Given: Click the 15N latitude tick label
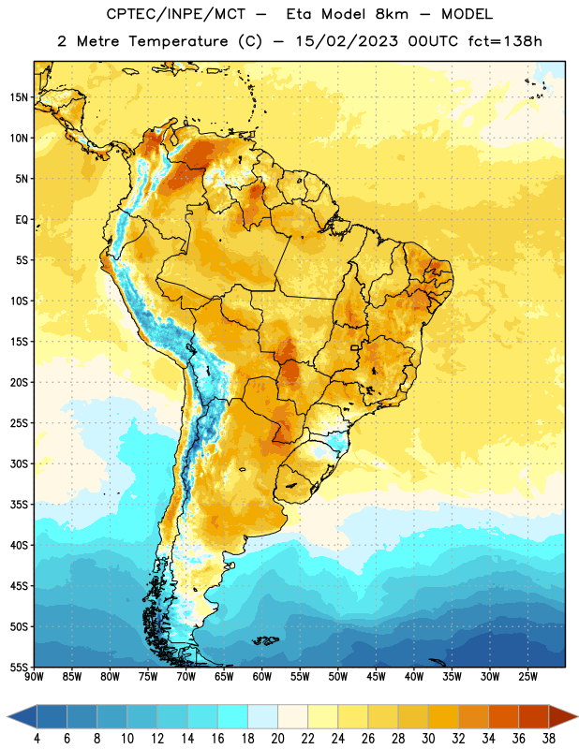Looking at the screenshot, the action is tap(19, 97).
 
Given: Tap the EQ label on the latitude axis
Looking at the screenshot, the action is tap(22, 220).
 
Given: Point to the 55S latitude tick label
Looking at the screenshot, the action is tap(19, 667).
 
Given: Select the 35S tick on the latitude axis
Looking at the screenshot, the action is tap(19, 505).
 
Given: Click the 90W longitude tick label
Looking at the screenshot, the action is tap(35, 677).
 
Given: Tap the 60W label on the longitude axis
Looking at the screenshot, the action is tap(262, 677).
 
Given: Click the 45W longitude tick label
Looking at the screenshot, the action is tap(377, 677).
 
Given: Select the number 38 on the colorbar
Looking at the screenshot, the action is tap(549, 739).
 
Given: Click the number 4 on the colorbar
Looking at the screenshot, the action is tap(37, 739).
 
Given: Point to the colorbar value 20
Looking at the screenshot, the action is tap(277, 739).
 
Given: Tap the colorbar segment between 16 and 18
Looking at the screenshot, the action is tap(233, 716).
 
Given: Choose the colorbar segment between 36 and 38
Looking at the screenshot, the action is tap(534, 716).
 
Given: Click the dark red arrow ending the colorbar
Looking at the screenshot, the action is tap(562, 716).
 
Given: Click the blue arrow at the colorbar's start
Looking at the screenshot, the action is tap(22, 716).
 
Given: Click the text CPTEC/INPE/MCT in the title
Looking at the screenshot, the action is tap(176, 14).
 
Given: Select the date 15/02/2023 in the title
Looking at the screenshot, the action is tap(347, 41).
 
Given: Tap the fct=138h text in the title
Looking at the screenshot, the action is tap(505, 41).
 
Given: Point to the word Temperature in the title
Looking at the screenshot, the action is tap(178, 41).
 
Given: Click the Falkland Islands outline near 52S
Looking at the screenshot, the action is tap(266, 640).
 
